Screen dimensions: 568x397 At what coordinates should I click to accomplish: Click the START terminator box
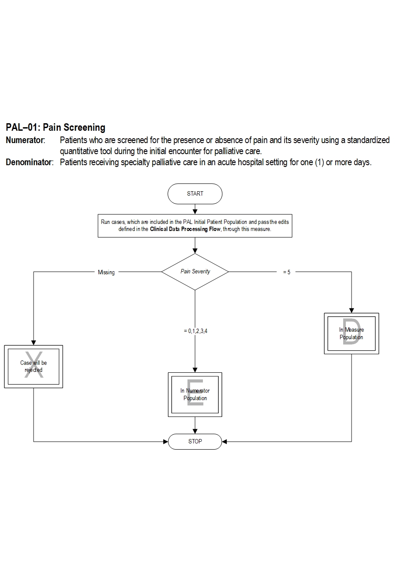point(195,193)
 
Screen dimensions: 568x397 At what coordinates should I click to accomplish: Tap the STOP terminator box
point(195,441)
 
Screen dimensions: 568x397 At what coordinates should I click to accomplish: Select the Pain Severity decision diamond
point(195,272)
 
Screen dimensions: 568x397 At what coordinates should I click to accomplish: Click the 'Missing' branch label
point(106,273)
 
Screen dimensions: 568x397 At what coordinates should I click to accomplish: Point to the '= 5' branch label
point(287,273)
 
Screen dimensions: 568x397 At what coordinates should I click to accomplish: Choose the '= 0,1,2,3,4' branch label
point(195,330)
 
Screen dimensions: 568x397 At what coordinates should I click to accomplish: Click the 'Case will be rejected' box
point(34,367)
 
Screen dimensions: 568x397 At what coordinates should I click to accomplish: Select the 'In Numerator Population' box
point(195,394)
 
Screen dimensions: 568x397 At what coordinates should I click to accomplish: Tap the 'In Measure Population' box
point(352,333)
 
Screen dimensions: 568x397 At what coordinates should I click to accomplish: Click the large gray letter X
point(35,365)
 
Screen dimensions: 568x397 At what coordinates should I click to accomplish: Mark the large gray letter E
point(195,393)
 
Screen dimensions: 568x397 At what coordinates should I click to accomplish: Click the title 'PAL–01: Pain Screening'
point(56,128)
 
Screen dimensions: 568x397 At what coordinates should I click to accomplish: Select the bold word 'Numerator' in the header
point(25,140)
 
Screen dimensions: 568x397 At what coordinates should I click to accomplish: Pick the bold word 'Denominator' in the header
point(29,162)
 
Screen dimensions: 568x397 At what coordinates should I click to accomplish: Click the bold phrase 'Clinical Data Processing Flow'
point(185,229)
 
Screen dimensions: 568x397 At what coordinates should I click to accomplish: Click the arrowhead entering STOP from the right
point(224,441)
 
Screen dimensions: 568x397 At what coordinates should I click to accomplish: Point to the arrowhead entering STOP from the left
point(166,441)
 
